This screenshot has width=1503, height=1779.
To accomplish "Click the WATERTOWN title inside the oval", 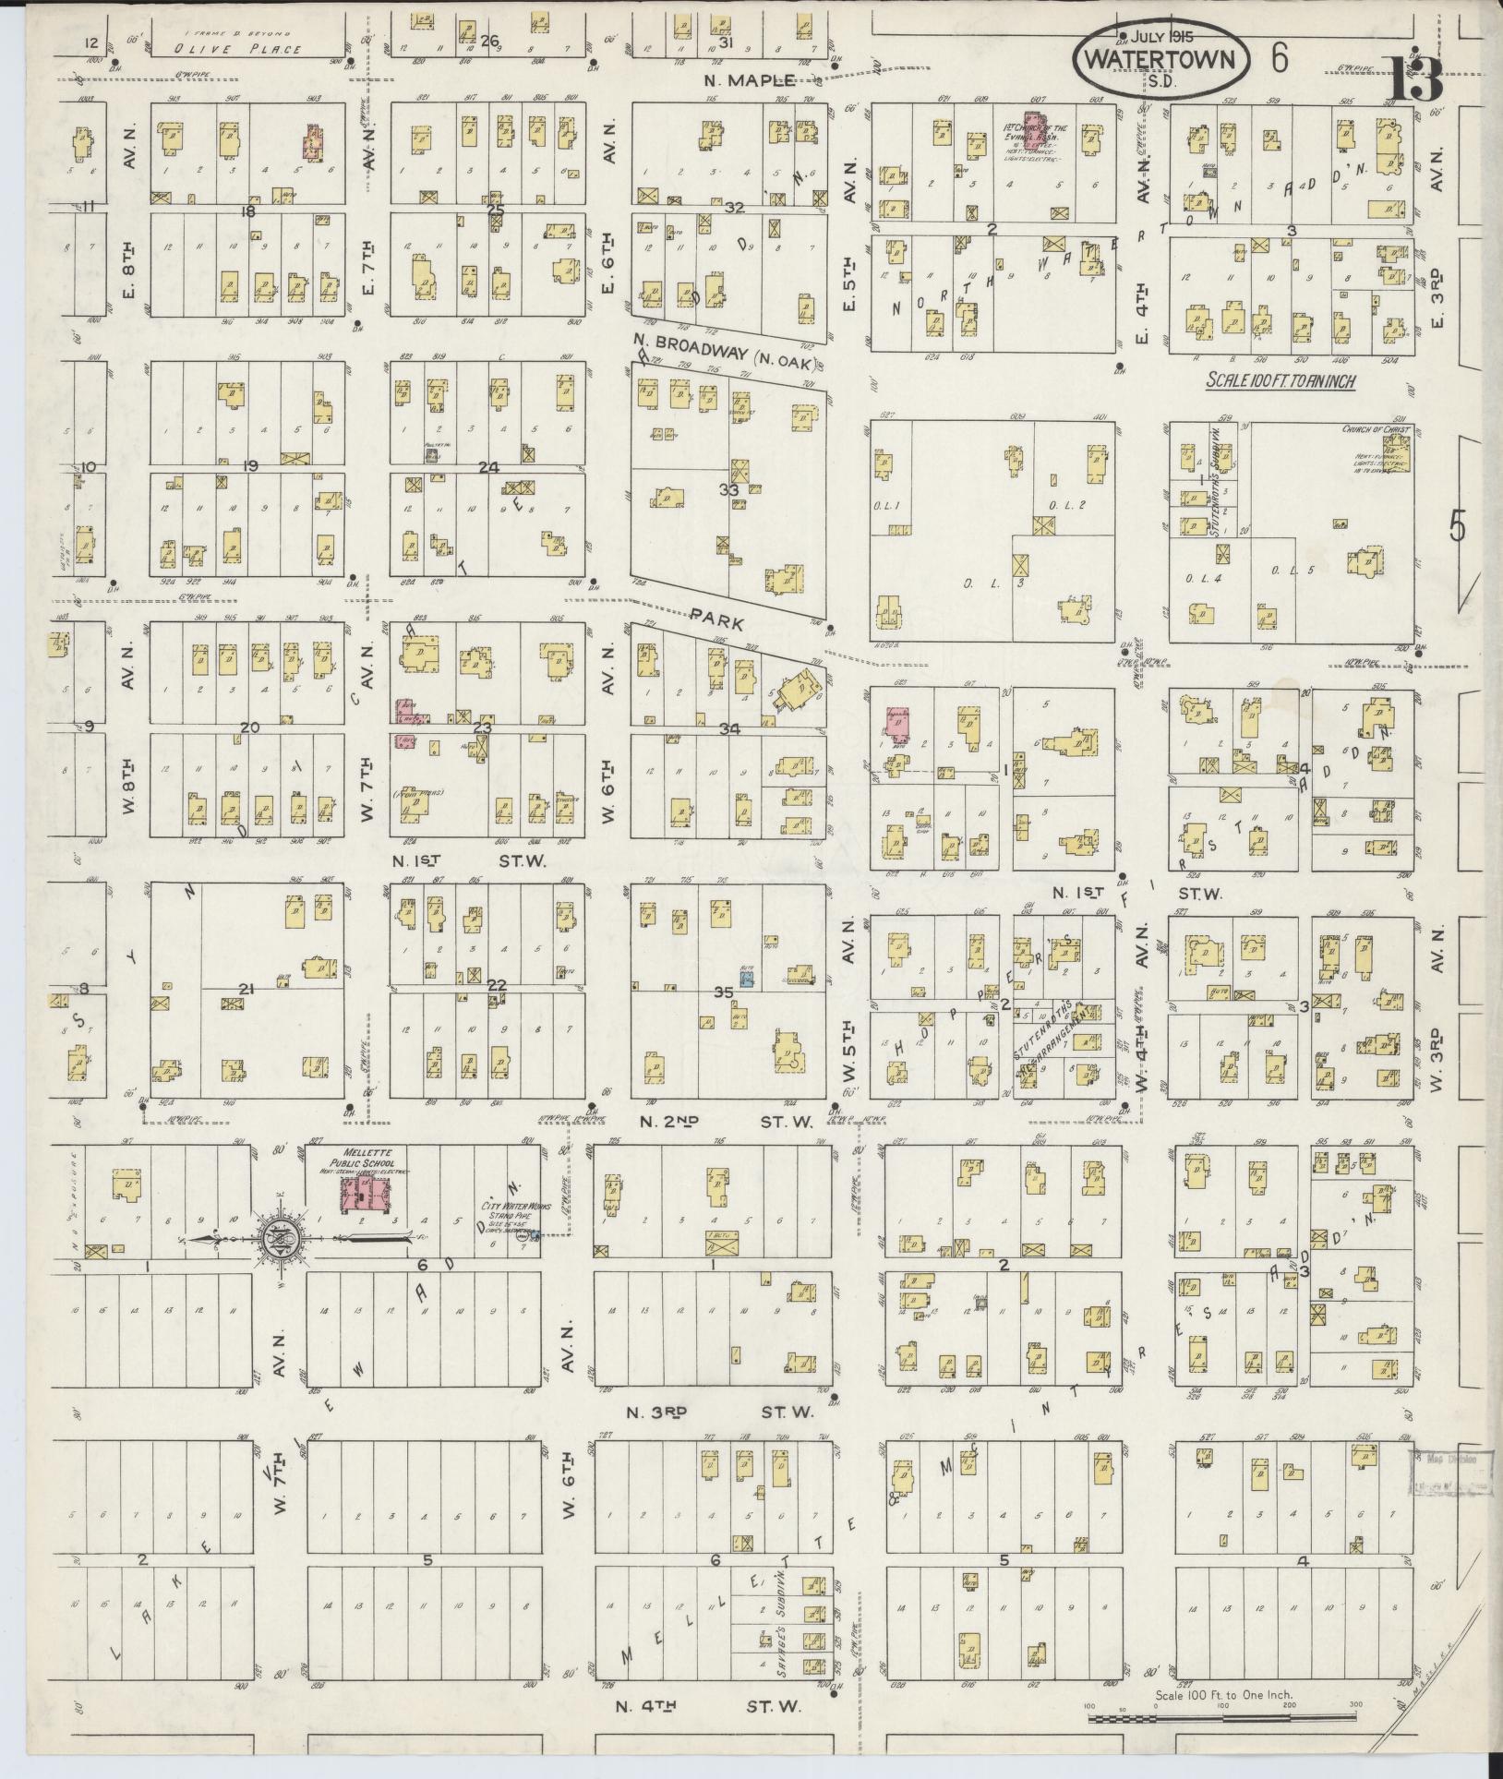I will pyautogui.click(x=1160, y=60).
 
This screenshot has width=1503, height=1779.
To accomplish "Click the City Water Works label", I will pyautogui.click(x=506, y=1206).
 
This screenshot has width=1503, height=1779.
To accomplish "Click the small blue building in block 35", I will pyautogui.click(x=747, y=976).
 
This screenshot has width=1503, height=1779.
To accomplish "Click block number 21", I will pyautogui.click(x=246, y=990).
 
